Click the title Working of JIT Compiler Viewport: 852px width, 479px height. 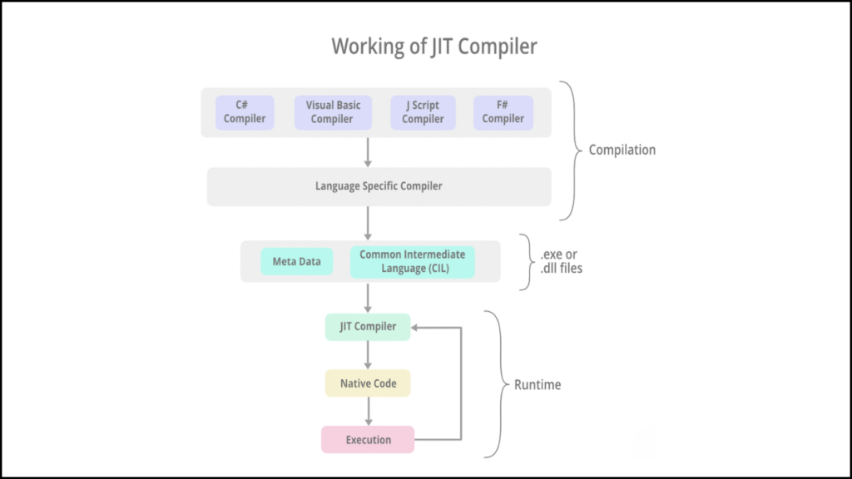coord(434,47)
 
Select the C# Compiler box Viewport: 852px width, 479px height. coord(245,112)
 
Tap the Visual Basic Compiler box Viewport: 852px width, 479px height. coord(333,112)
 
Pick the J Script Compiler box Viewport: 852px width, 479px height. coord(423,112)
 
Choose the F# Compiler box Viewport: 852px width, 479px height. coord(503,112)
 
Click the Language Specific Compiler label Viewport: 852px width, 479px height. coord(379,186)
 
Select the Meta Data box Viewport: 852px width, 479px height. coord(297,262)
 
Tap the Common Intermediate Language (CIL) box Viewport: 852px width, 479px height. coord(413,262)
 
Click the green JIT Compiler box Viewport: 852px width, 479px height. coord(368,327)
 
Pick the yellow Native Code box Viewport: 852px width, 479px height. coord(368,383)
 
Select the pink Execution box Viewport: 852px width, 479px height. coord(368,440)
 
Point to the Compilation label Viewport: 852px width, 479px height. coord(622,151)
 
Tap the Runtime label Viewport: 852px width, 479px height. coord(537,385)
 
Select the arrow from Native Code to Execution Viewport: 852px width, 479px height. coord(368,412)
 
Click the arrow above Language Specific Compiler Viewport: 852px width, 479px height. coord(368,152)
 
